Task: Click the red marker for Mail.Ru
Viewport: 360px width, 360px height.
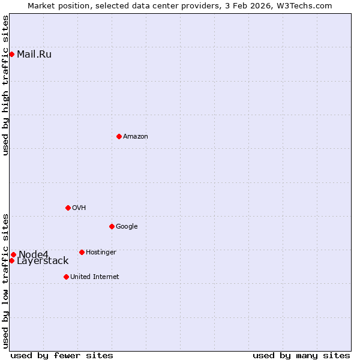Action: click(11, 54)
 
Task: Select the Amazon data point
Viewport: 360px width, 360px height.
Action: click(119, 136)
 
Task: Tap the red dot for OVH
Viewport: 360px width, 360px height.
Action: click(68, 208)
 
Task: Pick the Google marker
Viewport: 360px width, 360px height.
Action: click(112, 226)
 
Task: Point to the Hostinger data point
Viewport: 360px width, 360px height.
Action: click(82, 252)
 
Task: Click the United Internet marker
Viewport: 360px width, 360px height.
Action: click(66, 277)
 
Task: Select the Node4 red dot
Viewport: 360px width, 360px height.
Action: click(13, 254)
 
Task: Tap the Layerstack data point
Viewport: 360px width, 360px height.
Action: click(11, 260)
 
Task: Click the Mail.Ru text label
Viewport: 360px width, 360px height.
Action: click(34, 55)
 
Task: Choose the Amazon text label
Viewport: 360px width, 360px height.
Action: click(136, 137)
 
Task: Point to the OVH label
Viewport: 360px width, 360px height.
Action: click(79, 208)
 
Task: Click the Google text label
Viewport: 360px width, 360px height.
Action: click(127, 227)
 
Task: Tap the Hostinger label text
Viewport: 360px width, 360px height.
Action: click(101, 253)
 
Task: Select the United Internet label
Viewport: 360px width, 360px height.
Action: click(94, 277)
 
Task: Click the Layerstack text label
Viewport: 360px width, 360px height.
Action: click(43, 261)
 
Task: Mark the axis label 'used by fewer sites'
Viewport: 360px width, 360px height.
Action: click(62, 355)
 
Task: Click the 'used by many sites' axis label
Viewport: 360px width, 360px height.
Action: click(301, 355)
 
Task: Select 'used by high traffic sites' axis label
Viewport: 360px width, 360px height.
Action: click(5, 85)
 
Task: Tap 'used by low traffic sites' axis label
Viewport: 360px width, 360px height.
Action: click(5, 281)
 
